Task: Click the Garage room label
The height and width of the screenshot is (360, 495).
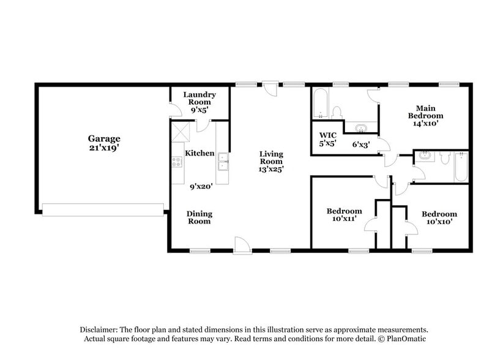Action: tap(103, 138)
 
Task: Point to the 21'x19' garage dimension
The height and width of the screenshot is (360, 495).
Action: tap(103, 148)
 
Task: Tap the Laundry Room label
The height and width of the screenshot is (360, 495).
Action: tap(199, 99)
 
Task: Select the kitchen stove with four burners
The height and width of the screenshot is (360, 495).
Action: tap(177, 162)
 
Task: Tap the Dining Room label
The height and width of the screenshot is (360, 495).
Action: tap(199, 217)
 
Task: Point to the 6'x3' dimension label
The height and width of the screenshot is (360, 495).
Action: tap(362, 144)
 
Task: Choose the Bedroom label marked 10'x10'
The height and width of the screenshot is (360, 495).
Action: tap(439, 218)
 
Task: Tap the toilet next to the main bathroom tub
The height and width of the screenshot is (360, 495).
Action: tap(337, 112)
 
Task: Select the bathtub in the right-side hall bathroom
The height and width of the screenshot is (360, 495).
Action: tap(461, 166)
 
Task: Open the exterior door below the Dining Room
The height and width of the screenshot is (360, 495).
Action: tap(242, 246)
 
